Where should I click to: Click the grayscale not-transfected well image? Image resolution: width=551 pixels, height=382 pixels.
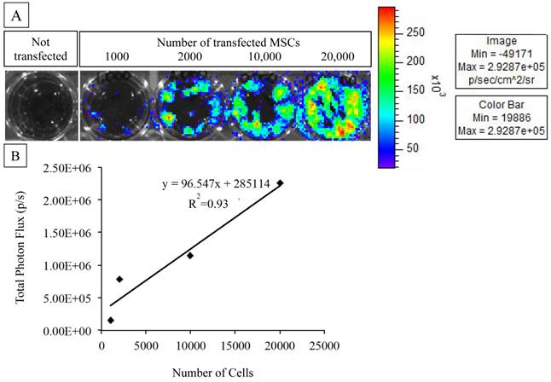41,104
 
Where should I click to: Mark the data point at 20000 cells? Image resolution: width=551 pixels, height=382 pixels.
280,182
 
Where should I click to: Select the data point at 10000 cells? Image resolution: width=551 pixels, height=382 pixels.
190,255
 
